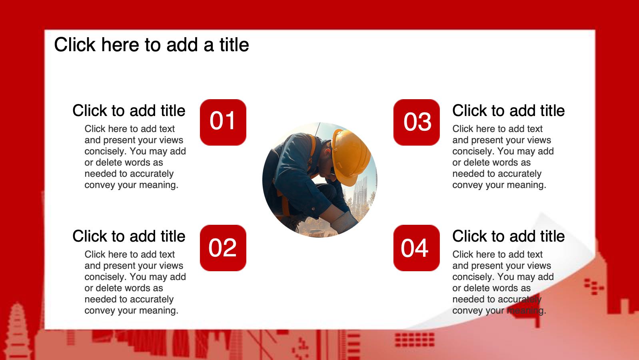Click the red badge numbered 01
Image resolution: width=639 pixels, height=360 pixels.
[223, 122]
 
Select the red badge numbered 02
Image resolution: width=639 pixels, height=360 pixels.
[223, 248]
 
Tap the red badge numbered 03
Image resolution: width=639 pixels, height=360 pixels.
[417, 122]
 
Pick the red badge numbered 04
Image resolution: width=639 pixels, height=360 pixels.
[417, 248]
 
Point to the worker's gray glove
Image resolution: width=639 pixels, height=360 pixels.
[344, 222]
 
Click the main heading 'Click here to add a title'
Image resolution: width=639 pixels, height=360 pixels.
[152, 45]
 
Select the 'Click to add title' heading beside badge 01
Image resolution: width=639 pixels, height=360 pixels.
[129, 111]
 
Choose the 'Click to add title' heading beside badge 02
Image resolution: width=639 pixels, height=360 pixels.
[129, 236]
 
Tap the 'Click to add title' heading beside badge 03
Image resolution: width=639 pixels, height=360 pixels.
[508, 111]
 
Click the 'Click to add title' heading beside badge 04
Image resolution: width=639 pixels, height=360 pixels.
[508, 236]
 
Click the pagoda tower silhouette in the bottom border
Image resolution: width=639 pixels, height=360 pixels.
[18, 331]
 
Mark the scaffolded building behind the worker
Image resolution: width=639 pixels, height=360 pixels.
[360, 194]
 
